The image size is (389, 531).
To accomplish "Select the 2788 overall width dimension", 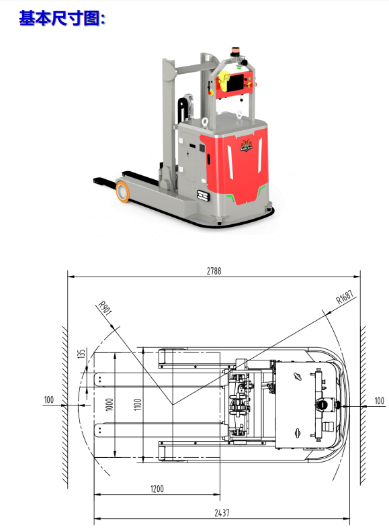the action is point(214,271).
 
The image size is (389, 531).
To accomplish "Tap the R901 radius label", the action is point(105,308).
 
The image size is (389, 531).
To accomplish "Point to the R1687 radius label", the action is point(345,297).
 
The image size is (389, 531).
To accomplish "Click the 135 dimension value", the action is point(82,354).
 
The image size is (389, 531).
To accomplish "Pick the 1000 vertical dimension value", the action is point(110,404).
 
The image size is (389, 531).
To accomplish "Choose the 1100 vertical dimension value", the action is point(138,404).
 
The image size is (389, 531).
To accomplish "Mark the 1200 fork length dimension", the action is point(157,489).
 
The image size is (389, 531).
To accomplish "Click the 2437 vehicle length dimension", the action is point(222,513).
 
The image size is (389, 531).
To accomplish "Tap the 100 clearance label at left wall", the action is point(49,400).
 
